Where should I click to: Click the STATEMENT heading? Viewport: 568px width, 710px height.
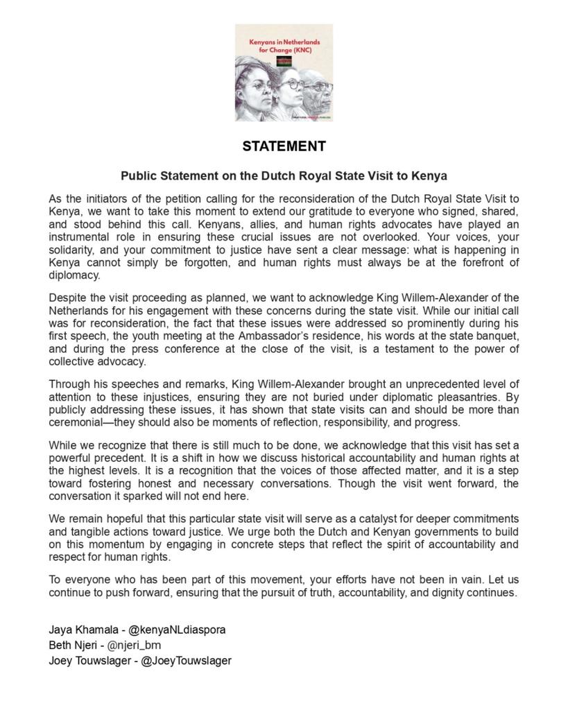(284, 147)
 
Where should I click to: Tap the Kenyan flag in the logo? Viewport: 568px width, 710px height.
(284, 62)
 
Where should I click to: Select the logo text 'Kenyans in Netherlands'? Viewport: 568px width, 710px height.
(284, 42)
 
